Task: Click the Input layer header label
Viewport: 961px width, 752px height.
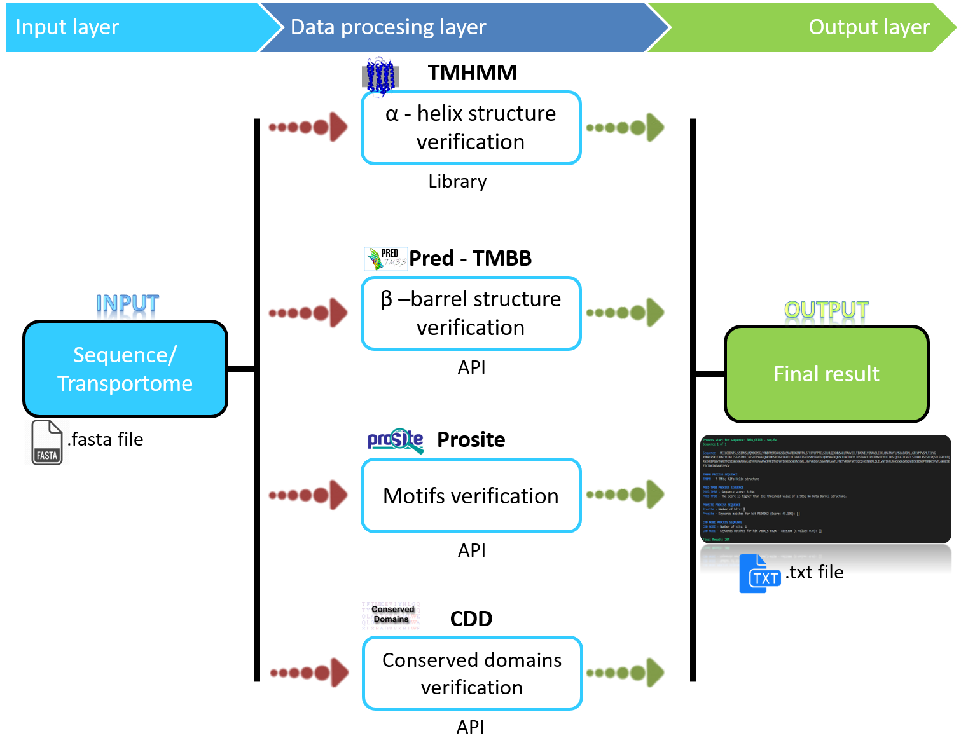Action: (x=67, y=27)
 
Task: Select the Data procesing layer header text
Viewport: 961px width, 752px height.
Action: (x=388, y=27)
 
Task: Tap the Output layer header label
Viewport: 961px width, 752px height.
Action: (x=868, y=27)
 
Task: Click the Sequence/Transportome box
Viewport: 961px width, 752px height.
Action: (x=125, y=369)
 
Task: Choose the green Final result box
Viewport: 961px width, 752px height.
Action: (x=826, y=374)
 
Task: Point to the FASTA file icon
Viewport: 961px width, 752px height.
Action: (x=47, y=442)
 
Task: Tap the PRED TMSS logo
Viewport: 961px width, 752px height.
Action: (x=385, y=259)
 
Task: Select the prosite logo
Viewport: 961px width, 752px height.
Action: (x=396, y=441)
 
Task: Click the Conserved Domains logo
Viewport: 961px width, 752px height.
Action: (x=391, y=615)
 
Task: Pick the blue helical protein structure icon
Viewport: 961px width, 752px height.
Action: (x=380, y=77)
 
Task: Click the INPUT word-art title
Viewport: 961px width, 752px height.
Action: (x=127, y=306)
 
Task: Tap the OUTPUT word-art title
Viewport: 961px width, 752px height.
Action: (x=826, y=312)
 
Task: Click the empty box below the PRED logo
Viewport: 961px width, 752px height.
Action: (x=471, y=313)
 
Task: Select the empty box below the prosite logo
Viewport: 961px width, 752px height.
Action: (x=471, y=495)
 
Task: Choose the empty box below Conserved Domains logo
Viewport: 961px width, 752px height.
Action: (x=473, y=673)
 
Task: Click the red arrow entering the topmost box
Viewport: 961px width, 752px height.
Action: (x=309, y=127)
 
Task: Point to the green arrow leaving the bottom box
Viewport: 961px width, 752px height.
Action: (x=626, y=673)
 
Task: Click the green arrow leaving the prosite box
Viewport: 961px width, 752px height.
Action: (x=626, y=495)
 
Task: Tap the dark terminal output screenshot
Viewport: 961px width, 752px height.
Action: (x=826, y=489)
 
